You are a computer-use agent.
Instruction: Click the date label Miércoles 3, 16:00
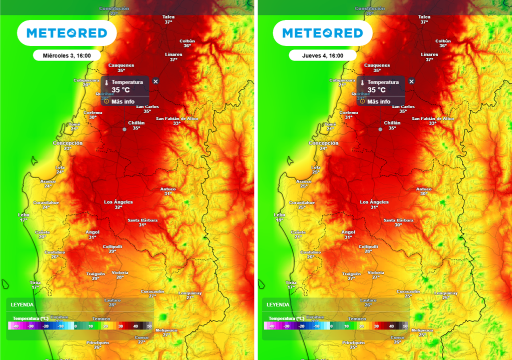pyautogui.click(x=66, y=55)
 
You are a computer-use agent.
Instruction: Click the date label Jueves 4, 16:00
pyautogui.click(x=322, y=55)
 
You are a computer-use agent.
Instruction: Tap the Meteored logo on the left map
pyautogui.click(x=66, y=33)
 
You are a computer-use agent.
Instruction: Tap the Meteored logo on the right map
pyautogui.click(x=322, y=33)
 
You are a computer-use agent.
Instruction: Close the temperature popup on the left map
pyautogui.click(x=155, y=81)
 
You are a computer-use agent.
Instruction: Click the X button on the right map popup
pyautogui.click(x=411, y=81)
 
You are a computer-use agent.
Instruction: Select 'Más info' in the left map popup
pyautogui.click(x=122, y=101)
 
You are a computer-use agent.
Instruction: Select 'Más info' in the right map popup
pyautogui.click(x=378, y=101)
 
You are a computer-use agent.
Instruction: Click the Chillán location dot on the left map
pyautogui.click(x=124, y=129)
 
